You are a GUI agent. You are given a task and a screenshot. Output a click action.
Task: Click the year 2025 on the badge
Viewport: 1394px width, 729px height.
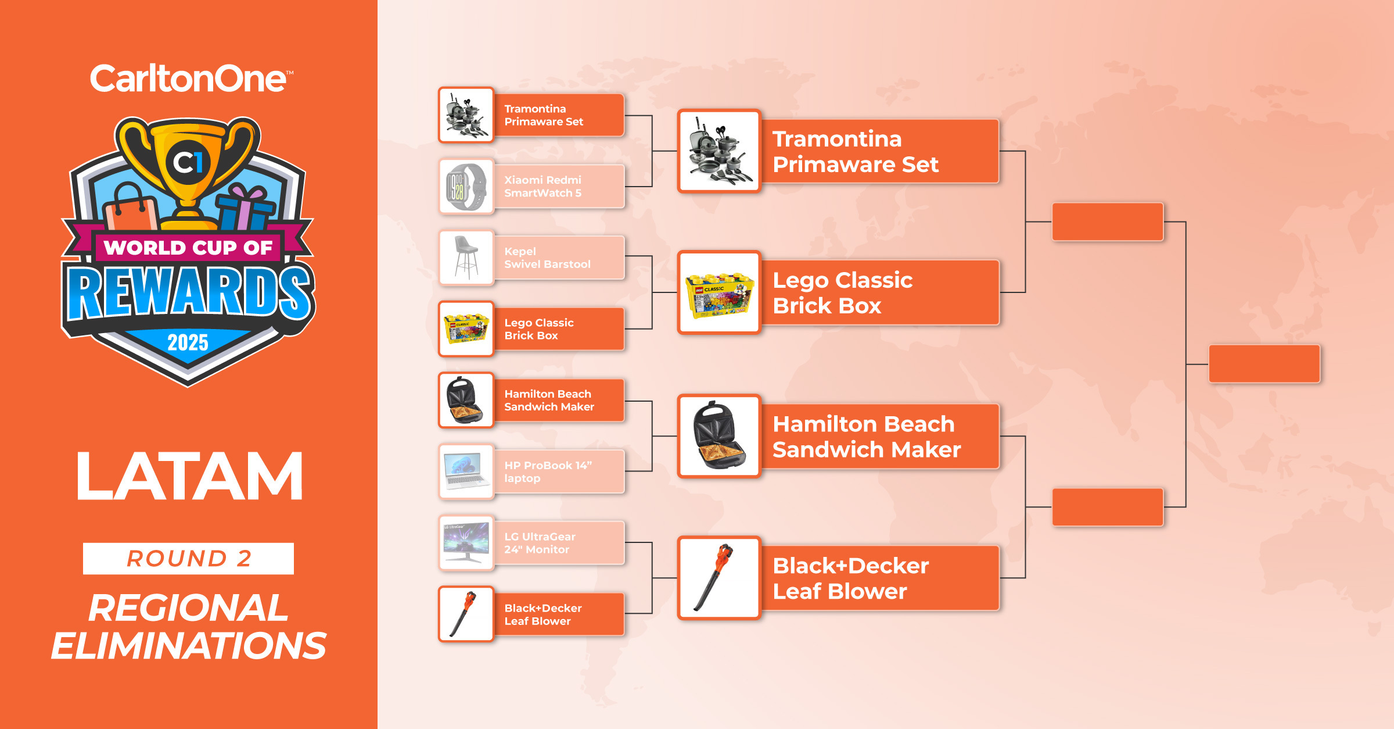(188, 342)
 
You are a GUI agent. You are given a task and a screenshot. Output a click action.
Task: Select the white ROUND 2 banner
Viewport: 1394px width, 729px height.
(188, 559)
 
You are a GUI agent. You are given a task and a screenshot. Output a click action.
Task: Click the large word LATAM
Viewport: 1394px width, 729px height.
(189, 476)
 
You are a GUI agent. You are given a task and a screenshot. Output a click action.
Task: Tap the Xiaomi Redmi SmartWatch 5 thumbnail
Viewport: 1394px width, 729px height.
(466, 187)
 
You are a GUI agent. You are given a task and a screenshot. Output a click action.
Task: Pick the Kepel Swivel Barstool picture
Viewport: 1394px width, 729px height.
(466, 258)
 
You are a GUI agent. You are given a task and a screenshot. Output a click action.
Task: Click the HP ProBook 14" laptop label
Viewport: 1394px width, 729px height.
(548, 471)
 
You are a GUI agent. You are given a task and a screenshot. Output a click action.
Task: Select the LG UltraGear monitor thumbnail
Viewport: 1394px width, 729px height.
(466, 543)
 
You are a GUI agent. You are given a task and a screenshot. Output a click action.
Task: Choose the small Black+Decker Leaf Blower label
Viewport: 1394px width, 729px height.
(543, 614)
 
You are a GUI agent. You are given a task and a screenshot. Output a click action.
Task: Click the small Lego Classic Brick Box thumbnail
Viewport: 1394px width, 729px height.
(466, 329)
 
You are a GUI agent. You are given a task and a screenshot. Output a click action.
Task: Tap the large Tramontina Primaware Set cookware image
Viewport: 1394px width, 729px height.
(719, 151)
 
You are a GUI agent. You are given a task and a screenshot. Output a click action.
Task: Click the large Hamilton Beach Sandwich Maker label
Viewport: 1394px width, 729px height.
(867, 437)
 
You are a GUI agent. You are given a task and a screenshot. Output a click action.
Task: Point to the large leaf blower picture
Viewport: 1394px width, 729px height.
(719, 578)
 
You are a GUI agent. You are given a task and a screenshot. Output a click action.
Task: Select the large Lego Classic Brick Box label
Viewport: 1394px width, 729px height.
(842, 293)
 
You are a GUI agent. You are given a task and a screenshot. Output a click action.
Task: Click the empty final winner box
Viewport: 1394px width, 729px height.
(1264, 364)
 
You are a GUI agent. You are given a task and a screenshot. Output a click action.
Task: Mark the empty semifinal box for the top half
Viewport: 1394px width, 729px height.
(1108, 221)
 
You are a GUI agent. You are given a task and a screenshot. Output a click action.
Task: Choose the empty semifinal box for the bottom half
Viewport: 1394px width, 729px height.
(1108, 507)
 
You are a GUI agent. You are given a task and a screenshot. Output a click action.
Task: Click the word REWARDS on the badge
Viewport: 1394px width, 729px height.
(189, 292)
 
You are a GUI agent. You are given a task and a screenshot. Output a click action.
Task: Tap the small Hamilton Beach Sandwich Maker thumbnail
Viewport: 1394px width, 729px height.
(466, 401)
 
